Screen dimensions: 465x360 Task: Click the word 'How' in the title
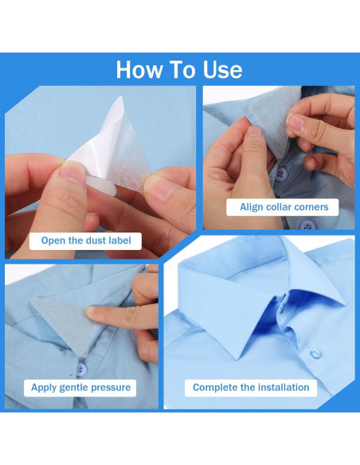pos(139,69)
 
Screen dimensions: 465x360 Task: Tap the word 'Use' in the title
pos(220,69)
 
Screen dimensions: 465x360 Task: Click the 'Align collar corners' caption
pos(284,207)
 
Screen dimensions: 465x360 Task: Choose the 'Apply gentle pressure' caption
pos(80,388)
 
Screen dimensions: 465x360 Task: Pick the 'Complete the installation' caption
pos(251,388)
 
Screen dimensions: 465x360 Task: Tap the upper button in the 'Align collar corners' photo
pos(281,174)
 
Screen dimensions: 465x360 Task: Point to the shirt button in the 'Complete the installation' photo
pos(315,353)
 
